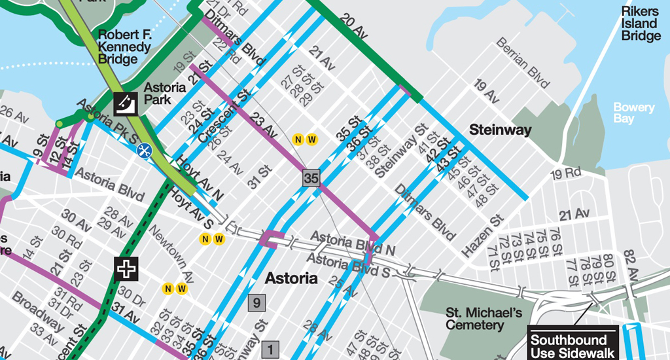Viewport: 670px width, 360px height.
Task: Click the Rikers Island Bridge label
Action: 641,24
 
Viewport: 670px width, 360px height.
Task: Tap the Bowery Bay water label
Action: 633,113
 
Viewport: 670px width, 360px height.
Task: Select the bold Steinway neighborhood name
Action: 500,130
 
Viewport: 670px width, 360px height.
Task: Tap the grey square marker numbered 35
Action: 311,178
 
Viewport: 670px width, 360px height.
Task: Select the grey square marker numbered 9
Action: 256,302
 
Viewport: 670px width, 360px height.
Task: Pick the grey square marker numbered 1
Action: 270,350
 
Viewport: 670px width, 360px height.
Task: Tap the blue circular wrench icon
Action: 143,149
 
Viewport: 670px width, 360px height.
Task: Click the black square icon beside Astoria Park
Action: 124,101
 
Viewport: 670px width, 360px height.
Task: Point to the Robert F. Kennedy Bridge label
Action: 123,46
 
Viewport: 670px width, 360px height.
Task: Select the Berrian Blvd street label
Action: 522,63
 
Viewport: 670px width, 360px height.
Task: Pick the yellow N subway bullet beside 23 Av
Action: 298,139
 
